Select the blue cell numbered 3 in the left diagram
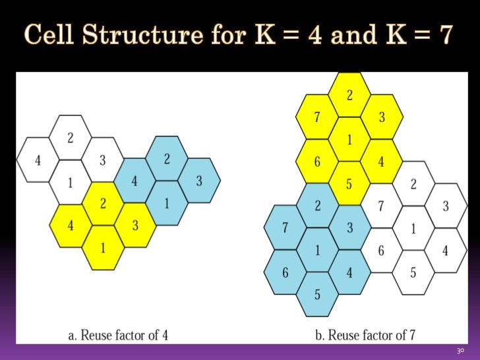199,180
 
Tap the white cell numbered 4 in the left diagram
37,160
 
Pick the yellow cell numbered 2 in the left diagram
104,203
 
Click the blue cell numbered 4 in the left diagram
135,181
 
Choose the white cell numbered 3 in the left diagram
102,160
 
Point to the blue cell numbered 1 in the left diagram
166,203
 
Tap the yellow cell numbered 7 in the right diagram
316,118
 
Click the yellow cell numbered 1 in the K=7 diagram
349,139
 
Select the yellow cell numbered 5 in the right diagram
349,184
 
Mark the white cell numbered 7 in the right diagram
381,206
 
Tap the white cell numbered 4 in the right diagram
446,251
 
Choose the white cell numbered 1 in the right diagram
413,228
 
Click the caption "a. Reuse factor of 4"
118,336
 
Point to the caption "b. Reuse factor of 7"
364,336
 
